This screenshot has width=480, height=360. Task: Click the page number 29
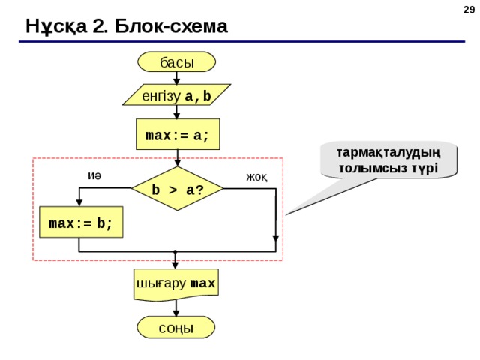tap(469, 10)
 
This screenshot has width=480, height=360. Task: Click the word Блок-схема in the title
tap(171, 26)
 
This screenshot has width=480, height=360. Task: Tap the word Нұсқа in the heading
tap(56, 27)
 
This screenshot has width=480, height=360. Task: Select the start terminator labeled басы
tap(177, 61)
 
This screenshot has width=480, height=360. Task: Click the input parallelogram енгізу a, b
tap(177, 94)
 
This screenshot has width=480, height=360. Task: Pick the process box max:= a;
tap(178, 134)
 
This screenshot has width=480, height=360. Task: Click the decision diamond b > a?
tap(178, 188)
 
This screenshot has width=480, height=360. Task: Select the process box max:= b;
tap(81, 222)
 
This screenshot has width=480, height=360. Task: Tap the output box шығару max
tap(176, 284)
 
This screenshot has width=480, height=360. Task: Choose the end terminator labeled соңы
tap(176, 327)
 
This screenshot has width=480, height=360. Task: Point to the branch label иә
tap(94, 176)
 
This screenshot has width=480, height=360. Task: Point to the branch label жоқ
tap(256, 177)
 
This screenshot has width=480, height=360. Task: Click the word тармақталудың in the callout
tap(388, 153)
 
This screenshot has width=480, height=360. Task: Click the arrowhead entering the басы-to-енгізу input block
tap(177, 81)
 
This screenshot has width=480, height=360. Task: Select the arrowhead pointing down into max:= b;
tap(79, 202)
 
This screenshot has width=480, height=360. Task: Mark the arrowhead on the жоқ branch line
tap(276, 238)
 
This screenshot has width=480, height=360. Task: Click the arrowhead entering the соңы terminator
tap(176, 313)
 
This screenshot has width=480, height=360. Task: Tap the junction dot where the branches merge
tap(175, 252)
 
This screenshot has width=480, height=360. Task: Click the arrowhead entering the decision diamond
tap(178, 163)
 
